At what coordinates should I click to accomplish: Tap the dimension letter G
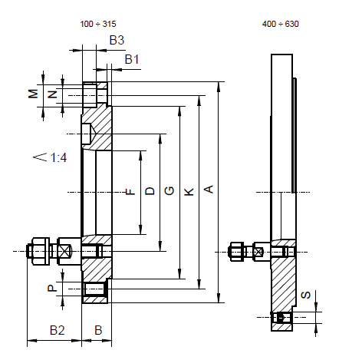pos(169,190)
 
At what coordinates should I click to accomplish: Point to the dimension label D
pos(150,190)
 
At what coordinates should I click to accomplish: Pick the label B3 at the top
pos(117,38)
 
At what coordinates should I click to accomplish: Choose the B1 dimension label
pos(133,59)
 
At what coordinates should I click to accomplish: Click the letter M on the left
pos(33,94)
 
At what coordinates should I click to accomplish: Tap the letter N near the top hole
pos(52,94)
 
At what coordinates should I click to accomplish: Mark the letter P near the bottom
pos(51,289)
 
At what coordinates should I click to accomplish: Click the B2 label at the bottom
pos(57,330)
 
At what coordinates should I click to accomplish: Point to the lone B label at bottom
pos(97,330)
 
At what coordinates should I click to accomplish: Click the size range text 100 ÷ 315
pos(98,24)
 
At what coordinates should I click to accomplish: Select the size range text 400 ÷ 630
pos(281,24)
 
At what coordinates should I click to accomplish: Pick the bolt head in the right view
pos(237,251)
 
